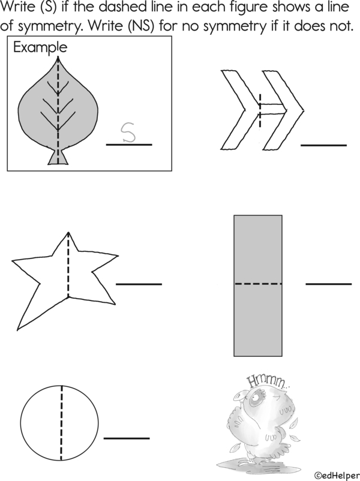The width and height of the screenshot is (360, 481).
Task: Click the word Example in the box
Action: pos(40,47)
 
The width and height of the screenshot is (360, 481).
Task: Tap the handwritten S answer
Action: pos(127,132)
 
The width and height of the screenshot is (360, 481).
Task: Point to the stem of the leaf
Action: pos(58,158)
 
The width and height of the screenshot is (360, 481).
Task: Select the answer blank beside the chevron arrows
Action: pos(323,145)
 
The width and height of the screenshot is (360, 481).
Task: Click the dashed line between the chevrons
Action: pos(260,110)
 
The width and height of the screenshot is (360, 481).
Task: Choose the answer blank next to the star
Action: pos(139,284)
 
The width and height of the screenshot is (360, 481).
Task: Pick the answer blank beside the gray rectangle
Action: pos(328,283)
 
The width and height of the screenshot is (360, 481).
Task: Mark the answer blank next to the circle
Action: pos(127,438)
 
